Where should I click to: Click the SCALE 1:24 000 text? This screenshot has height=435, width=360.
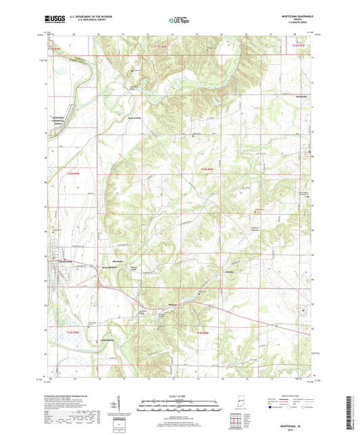point(179,395)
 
